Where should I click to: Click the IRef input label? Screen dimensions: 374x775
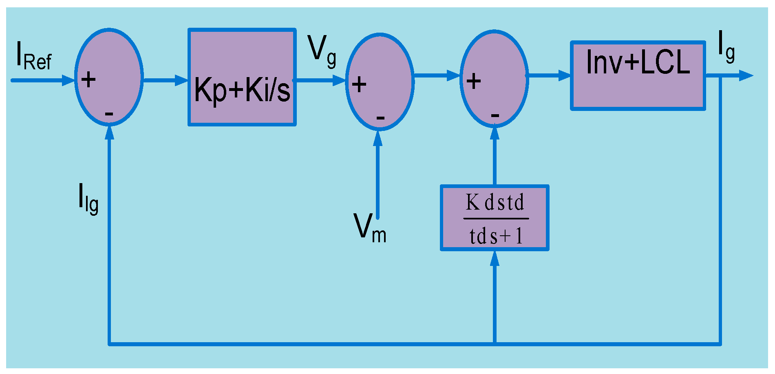(x=33, y=56)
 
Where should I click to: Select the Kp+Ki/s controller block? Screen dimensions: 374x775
(x=242, y=77)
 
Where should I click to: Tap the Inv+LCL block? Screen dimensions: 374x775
(x=638, y=75)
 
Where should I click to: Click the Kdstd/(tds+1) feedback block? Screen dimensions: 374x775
(x=495, y=218)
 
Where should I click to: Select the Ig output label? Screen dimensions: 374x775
(x=726, y=46)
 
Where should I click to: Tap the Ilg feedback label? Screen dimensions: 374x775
(x=88, y=198)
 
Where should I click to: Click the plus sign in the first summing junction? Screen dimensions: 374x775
(x=88, y=80)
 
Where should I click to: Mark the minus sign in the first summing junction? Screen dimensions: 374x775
(x=109, y=114)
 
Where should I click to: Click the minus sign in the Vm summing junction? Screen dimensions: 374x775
(x=380, y=118)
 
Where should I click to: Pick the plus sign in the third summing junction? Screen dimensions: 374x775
(x=473, y=81)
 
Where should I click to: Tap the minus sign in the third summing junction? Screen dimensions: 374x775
(x=495, y=116)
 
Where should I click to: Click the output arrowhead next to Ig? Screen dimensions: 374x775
(x=746, y=75)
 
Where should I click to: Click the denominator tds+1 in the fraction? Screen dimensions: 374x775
(x=495, y=236)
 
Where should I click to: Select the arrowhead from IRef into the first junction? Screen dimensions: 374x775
(x=68, y=80)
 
